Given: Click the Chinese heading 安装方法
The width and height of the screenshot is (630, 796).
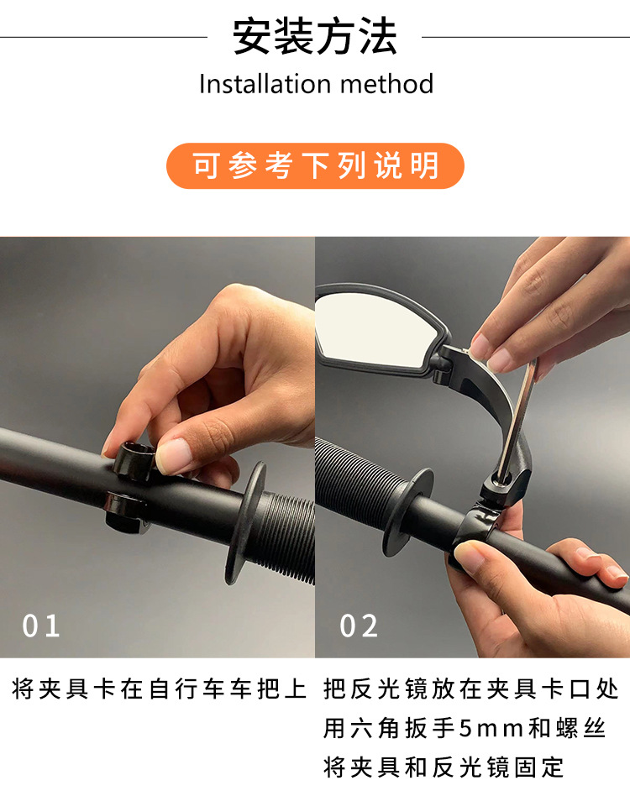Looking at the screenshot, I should coord(315,37).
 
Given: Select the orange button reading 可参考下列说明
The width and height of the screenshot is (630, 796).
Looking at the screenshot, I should coord(315,165).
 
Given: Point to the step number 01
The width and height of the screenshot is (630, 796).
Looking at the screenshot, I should coord(41,626).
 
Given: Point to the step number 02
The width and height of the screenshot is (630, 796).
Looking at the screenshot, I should coord(359,626).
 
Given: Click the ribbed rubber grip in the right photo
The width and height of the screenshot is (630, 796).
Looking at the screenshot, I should coord(357,487).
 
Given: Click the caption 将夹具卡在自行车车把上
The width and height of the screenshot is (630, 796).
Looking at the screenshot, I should coord(160,690).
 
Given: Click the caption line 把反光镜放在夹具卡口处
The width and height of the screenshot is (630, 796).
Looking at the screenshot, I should coord(471,690).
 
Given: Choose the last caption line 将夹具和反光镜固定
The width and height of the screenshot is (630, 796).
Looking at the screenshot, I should coord(444,766).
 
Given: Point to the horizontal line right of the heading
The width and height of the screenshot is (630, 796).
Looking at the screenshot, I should coord(526,37).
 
